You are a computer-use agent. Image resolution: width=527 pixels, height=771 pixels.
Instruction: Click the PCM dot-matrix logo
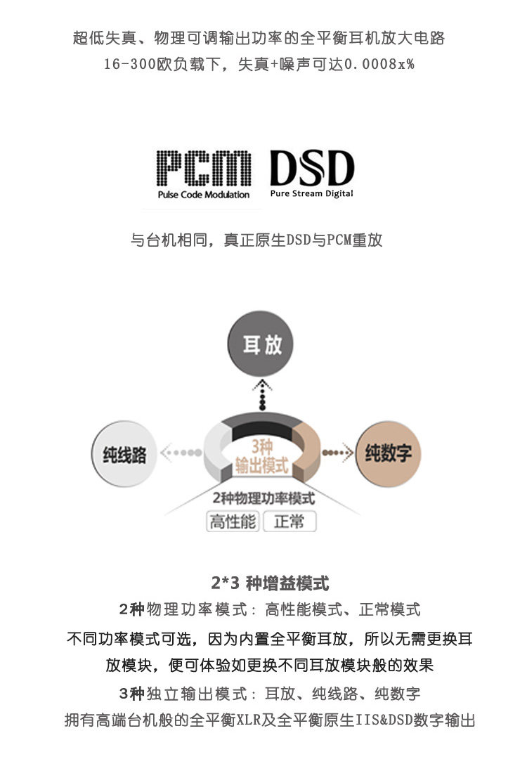[203, 169]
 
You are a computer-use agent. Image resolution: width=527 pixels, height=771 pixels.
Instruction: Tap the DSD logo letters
[312, 169]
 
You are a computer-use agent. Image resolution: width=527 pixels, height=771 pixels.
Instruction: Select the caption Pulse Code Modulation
[204, 195]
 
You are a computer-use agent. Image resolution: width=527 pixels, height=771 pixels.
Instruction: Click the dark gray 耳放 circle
[262, 344]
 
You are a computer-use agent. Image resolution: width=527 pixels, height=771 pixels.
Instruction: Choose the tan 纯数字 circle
[388, 453]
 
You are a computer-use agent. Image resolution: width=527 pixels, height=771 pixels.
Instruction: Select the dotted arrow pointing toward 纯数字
[337, 453]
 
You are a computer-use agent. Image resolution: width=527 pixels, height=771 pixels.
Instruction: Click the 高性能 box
[233, 522]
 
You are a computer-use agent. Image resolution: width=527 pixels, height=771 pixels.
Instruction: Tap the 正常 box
[289, 522]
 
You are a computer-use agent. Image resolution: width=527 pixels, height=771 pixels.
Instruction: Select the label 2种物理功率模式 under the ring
[263, 498]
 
